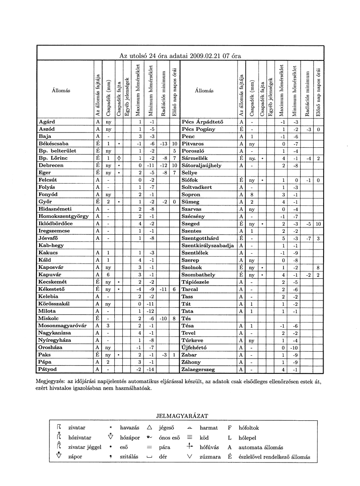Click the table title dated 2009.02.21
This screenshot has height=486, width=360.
pyautogui.click(x=180, y=56)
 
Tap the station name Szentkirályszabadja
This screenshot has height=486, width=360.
pyautogui.click(x=207, y=245)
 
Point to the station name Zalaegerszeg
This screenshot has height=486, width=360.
pyautogui.click(x=198, y=369)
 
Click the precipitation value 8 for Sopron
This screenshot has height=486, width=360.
pyautogui.click(x=252, y=195)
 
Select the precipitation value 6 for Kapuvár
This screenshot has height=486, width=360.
pyautogui.click(x=108, y=275)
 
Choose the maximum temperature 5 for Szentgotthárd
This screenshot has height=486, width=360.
pyautogui.click(x=283, y=238)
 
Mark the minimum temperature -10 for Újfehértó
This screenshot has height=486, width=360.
pyautogui.click(x=295, y=348)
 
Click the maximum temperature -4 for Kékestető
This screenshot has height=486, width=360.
pyautogui.click(x=140, y=289)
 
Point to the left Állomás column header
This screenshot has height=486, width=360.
pyautogui.click(x=61, y=91)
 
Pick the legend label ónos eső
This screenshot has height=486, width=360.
pyautogui.click(x=170, y=437)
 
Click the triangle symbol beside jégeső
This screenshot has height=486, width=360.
pyautogui.click(x=149, y=427)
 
